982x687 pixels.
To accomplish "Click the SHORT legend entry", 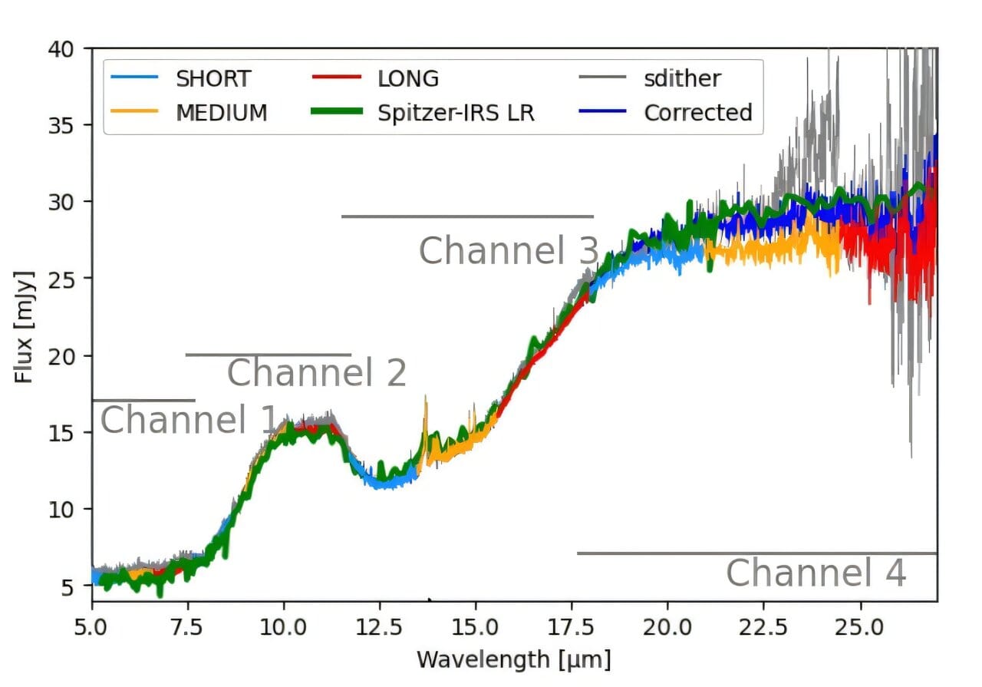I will (213, 78).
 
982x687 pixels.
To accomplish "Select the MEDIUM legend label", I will (222, 112).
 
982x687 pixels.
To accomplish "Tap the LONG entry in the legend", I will (408, 78).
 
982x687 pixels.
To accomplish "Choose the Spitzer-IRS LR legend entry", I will (456, 112).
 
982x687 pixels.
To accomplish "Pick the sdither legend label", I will (682, 78).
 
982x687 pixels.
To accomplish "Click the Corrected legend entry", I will (697, 112).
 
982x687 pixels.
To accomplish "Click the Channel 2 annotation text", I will (316, 374).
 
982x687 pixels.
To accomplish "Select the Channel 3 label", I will (508, 251).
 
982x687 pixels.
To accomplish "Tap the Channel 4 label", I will (816, 573).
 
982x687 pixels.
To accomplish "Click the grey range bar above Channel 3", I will (467, 216).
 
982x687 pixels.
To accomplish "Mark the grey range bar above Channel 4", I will (756, 553).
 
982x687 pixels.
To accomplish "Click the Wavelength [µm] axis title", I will (514, 659).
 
